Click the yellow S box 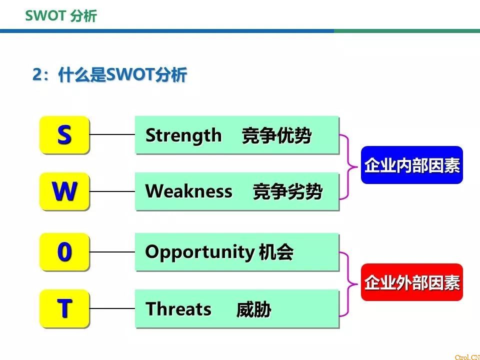coord(64,134)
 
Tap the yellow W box coord(64,191)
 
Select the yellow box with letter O coord(64,252)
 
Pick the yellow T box coord(64,308)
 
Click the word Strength coord(183,135)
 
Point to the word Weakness coord(188,191)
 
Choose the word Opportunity coord(199,252)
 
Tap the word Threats coord(178,308)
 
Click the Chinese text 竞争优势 coord(276,135)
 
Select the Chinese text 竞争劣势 coord(288,191)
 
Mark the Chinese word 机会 coord(276,252)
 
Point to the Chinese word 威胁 coord(254,309)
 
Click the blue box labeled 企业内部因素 coord(411,165)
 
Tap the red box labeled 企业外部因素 coord(411,282)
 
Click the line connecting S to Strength coord(112,134)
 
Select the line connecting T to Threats coord(112,308)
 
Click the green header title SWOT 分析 coord(61,15)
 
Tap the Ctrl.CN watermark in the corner coord(467,357)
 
